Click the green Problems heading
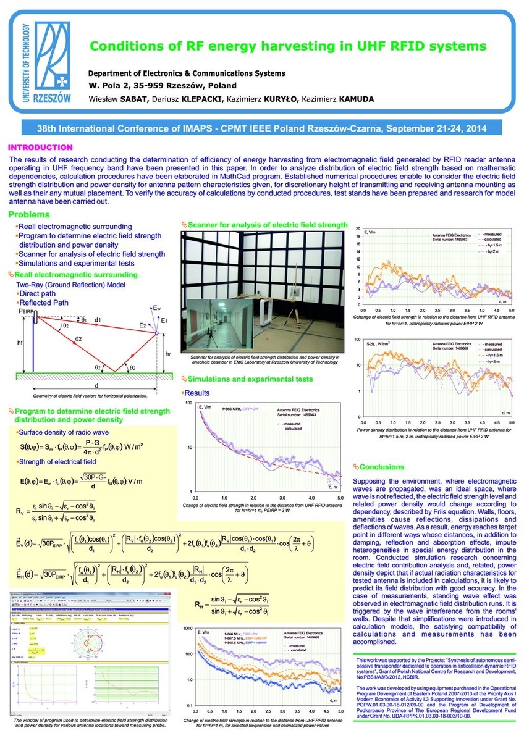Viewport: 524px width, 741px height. pyautogui.click(x=29, y=214)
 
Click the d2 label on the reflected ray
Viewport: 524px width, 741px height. pyautogui.click(x=78, y=339)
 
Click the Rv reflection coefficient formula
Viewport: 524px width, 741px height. pyautogui.click(x=57, y=510)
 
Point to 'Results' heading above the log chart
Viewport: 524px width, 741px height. pyautogui.click(x=197, y=393)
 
